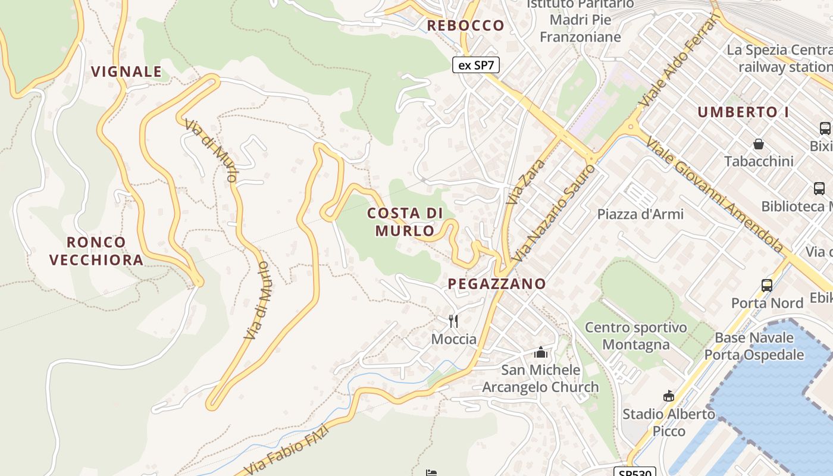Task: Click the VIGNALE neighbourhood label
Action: pos(126,72)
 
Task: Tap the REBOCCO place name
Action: pos(466,26)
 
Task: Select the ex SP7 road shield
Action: pos(475,65)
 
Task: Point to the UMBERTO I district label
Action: pos(747,112)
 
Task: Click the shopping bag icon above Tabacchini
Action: pos(759,144)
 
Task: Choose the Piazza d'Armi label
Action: pos(640,214)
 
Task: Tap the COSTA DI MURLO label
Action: pos(405,221)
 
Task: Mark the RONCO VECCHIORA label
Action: pos(96,250)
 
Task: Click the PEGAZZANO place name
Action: pos(497,284)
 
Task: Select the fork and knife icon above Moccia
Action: pos(453,321)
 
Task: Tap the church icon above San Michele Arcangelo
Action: pos(540,352)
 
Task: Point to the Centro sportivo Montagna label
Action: pos(635,336)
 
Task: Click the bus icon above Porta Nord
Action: pos(767,285)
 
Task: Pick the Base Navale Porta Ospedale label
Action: pos(754,346)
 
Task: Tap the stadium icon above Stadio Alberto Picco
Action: pos(669,396)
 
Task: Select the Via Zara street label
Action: pos(518,182)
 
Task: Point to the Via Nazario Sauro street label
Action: pos(553,214)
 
